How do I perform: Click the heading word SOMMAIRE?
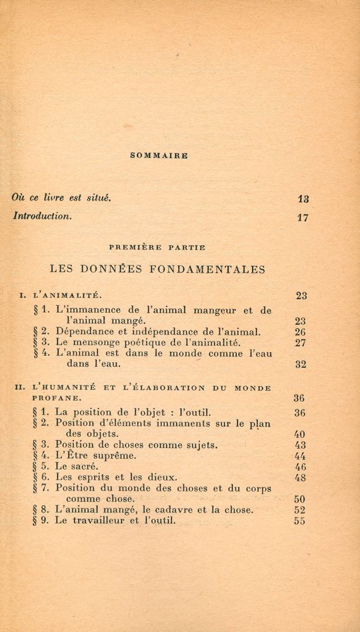click(x=158, y=155)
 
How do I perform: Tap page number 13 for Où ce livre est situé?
click(x=303, y=198)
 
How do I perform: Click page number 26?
click(x=301, y=331)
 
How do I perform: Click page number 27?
click(x=301, y=343)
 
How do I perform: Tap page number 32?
click(x=301, y=365)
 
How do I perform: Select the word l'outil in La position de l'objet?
click(x=200, y=411)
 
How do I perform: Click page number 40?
click(x=300, y=434)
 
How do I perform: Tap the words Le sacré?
click(x=77, y=466)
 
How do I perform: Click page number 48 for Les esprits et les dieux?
click(x=300, y=478)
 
